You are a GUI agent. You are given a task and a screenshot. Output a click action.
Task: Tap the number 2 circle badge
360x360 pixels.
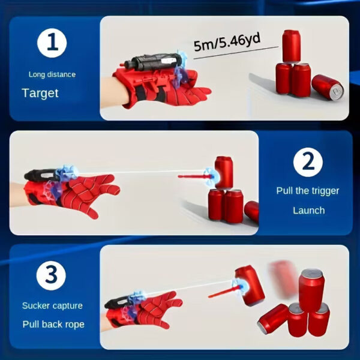coord(308,162)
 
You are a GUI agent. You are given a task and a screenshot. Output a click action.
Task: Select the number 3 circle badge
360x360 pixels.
coord(52,276)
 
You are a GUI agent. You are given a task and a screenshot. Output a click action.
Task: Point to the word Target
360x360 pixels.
coord(40,93)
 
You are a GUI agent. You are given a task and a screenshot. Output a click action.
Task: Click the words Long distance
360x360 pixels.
coord(52,74)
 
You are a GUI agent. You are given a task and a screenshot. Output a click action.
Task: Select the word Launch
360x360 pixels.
coord(308,211)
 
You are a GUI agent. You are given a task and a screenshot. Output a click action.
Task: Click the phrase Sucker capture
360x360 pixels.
coord(52,305)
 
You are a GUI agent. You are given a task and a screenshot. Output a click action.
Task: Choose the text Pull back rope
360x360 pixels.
coord(53,324)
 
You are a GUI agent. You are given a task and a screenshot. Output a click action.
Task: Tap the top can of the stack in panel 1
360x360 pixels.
coord(291,46)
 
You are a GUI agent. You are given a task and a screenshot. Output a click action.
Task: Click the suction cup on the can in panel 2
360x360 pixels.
coord(212,175)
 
